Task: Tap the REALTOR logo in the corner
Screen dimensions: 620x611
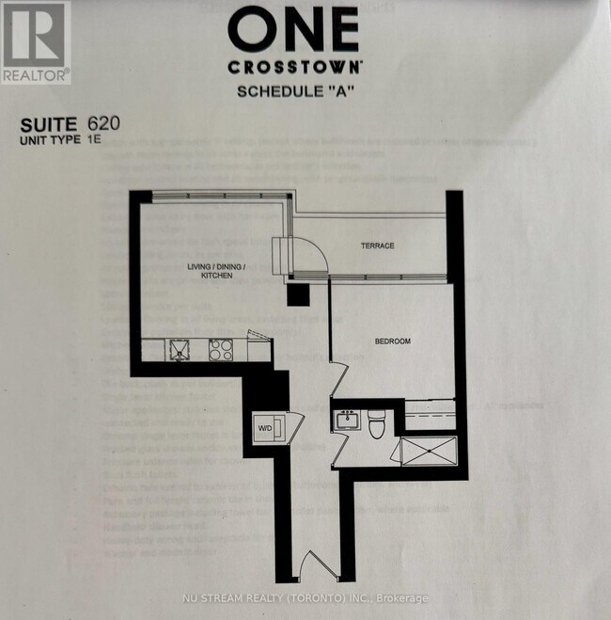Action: (35, 42)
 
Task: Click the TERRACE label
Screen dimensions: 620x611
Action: (377, 246)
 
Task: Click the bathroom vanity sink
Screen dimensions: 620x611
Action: (346, 419)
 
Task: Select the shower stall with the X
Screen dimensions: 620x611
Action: (429, 451)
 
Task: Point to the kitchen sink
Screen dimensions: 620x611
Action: (180, 350)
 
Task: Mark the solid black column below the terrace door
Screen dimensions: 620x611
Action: (298, 294)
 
